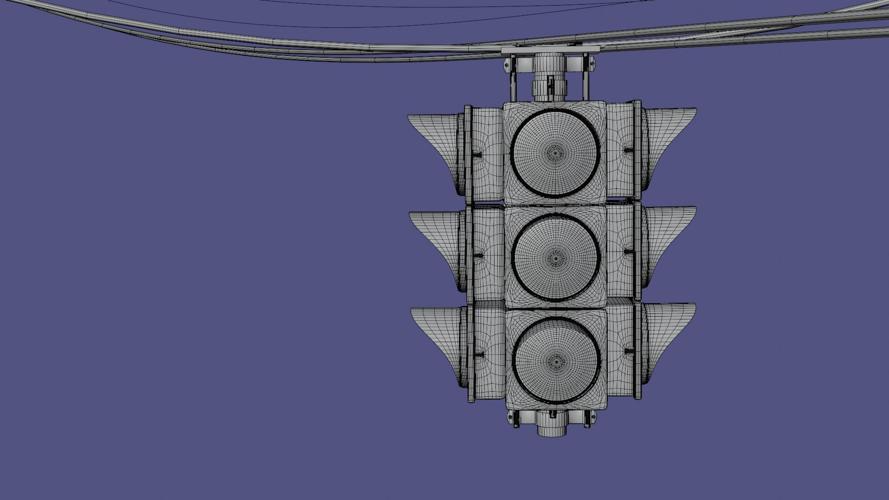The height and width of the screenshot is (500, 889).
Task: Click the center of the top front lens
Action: coord(554,152)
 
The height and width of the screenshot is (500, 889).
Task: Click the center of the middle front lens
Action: coord(555,257)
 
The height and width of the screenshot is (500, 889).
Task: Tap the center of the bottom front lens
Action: coord(557,361)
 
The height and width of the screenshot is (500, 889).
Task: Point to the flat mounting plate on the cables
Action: coord(550,49)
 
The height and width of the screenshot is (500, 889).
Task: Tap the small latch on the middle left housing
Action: coord(479,255)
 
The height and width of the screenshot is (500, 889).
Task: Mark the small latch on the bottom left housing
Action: coord(480,355)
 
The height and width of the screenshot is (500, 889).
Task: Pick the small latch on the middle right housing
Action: coord(628,252)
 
